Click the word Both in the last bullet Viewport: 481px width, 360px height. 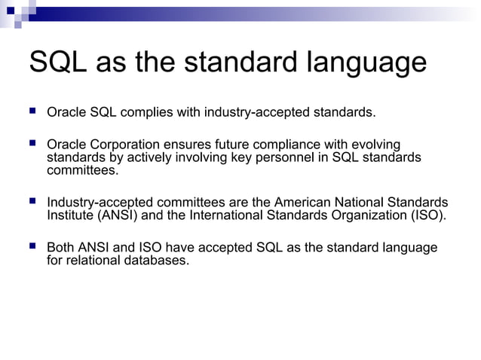coord(60,248)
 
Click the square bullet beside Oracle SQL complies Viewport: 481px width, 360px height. coord(32,111)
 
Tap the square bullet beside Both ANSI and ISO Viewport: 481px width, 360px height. coord(32,246)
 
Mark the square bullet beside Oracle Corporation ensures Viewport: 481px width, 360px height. coord(32,142)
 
